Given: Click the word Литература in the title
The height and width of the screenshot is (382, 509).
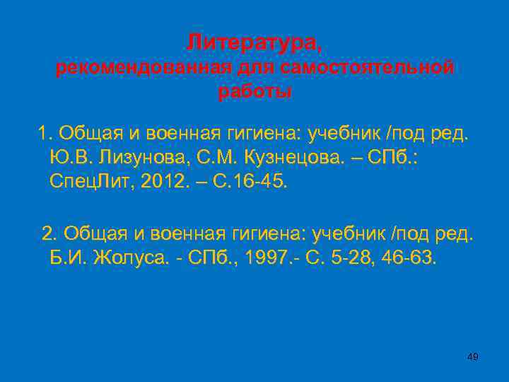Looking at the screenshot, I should pyautogui.click(x=251, y=44).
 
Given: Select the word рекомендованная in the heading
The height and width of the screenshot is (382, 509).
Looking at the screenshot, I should pyautogui.click(x=144, y=69).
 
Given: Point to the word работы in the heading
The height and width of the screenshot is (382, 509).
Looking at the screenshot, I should pyautogui.click(x=255, y=92).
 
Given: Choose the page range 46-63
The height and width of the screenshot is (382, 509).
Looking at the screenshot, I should pyautogui.click(x=412, y=258).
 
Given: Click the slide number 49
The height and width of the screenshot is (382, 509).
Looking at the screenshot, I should pyautogui.click(x=473, y=357).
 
